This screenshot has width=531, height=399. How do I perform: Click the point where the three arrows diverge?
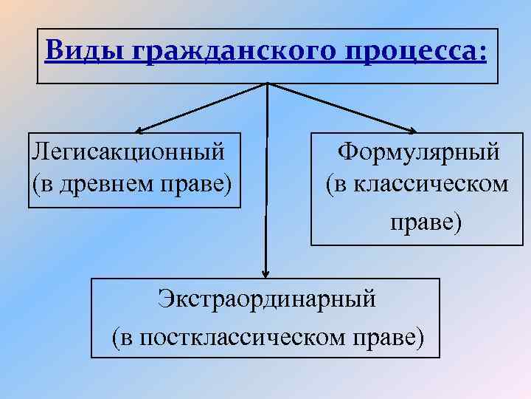pyautogui.click(x=266, y=83)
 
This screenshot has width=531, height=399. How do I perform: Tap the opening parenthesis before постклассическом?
pyautogui.click(x=117, y=338)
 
